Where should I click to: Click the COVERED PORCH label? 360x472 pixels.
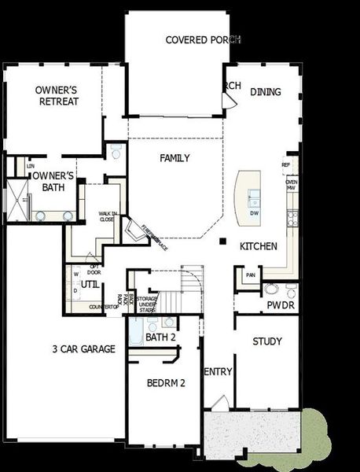(202, 39)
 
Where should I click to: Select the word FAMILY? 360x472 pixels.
(174, 158)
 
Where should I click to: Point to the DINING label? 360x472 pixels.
(266, 92)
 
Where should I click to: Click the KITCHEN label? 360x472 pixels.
(259, 246)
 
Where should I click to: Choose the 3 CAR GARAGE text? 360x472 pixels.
(84, 348)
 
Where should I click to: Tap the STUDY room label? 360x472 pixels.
(267, 341)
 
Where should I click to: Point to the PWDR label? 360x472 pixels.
(280, 304)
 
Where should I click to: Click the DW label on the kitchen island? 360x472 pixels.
(254, 213)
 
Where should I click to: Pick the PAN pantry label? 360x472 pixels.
(251, 275)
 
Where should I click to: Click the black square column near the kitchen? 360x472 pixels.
(223, 241)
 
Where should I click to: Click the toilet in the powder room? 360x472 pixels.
(271, 289)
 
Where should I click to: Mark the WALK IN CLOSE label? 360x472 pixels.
(107, 217)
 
